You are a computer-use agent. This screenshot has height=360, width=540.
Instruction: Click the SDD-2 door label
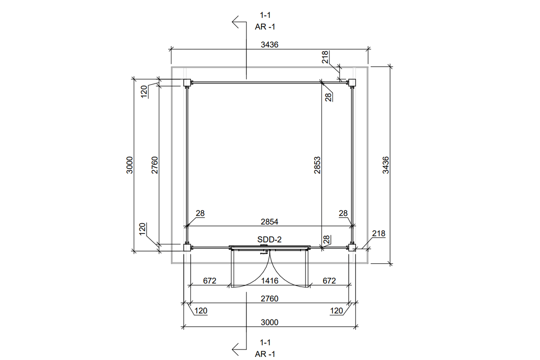(269, 240)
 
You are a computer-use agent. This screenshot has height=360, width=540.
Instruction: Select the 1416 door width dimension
(270, 281)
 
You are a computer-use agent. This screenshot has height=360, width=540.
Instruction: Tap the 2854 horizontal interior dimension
(270, 221)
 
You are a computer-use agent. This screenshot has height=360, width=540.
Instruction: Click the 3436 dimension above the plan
(270, 45)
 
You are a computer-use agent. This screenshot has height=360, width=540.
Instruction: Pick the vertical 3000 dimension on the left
(130, 165)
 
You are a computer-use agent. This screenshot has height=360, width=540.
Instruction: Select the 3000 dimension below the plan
(270, 322)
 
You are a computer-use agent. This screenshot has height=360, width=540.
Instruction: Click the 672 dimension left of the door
(210, 281)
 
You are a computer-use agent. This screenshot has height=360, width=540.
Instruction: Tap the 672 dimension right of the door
(329, 281)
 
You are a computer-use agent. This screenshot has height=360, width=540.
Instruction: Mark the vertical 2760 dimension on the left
(154, 165)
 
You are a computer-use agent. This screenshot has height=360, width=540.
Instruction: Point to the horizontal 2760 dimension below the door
(270, 298)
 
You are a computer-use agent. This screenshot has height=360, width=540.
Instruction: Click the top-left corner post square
(186, 83)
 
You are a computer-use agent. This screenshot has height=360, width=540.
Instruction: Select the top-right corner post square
(352, 82)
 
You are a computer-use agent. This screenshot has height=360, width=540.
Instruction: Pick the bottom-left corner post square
(186, 247)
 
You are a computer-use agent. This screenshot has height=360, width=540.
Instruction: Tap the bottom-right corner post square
(352, 247)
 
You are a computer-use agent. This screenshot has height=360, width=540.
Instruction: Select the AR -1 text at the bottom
(265, 354)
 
